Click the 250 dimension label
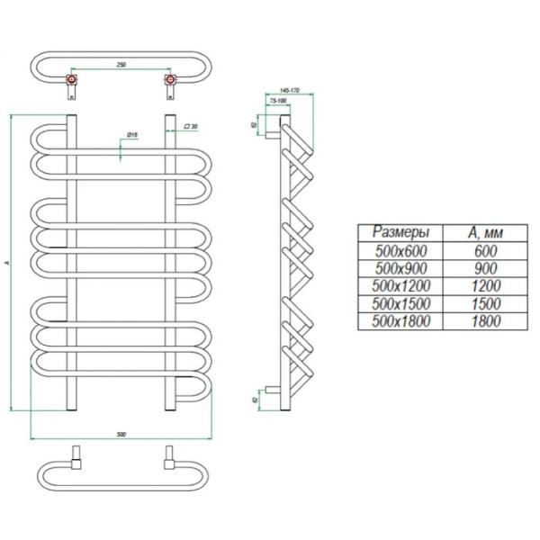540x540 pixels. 120,65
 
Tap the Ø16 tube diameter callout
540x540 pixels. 130,135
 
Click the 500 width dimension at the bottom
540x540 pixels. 121,434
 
